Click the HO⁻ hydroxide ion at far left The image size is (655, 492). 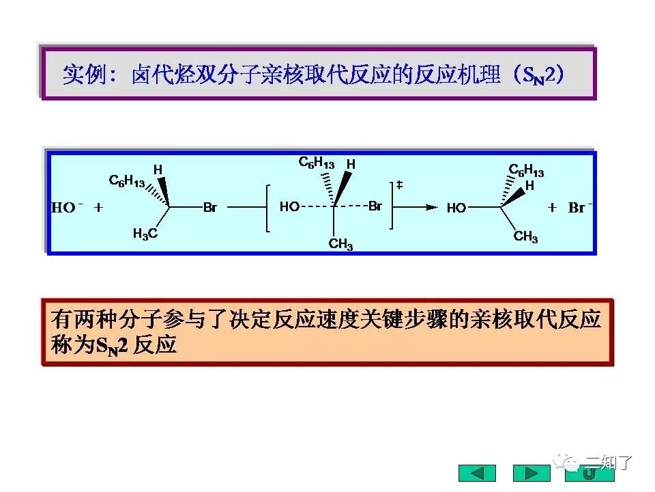[66, 208]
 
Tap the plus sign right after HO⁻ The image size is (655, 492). [98, 207]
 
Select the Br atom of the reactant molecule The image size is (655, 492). [209, 208]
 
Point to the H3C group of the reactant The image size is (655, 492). [145, 234]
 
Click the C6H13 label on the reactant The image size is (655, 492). [127, 182]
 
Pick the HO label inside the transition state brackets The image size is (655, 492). [289, 206]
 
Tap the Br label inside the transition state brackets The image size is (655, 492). [375, 206]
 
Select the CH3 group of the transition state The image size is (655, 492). [340, 244]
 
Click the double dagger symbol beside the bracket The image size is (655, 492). [400, 185]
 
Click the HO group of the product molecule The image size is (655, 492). [456, 208]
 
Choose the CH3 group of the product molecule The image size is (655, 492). [525, 237]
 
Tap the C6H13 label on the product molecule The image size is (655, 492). [526, 170]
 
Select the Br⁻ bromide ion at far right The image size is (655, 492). [579, 208]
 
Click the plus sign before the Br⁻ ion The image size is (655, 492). [552, 207]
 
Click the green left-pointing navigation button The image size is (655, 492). [477, 473]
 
